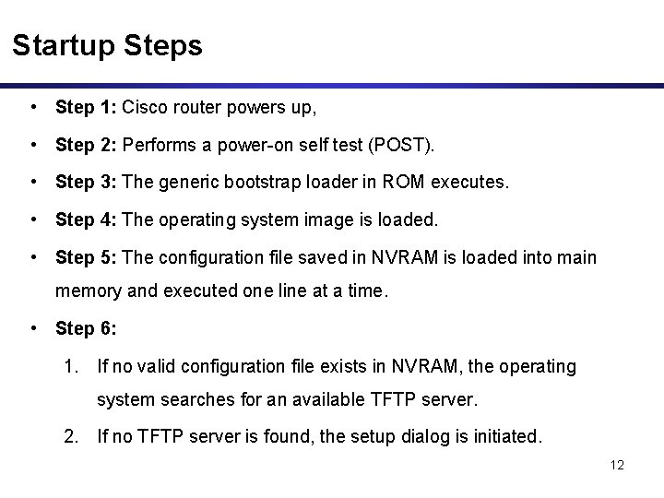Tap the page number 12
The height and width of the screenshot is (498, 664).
click(x=617, y=465)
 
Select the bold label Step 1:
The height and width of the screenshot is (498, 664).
click(x=86, y=108)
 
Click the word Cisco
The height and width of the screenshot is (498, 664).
click(x=143, y=108)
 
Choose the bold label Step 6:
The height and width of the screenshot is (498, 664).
click(x=86, y=327)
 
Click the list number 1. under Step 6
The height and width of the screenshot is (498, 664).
click(x=72, y=366)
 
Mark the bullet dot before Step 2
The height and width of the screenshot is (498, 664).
click(x=34, y=146)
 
